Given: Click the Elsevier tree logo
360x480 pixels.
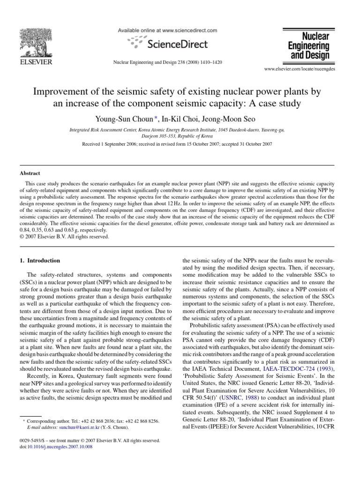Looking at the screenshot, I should click(x=35, y=42).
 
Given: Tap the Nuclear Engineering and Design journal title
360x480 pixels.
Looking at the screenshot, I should click(x=308, y=46).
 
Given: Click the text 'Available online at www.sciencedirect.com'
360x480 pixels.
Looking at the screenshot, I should click(x=167, y=30).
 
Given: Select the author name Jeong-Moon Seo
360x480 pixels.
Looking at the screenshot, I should click(x=220, y=105).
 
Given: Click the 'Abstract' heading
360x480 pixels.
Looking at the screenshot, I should click(x=30, y=172).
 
